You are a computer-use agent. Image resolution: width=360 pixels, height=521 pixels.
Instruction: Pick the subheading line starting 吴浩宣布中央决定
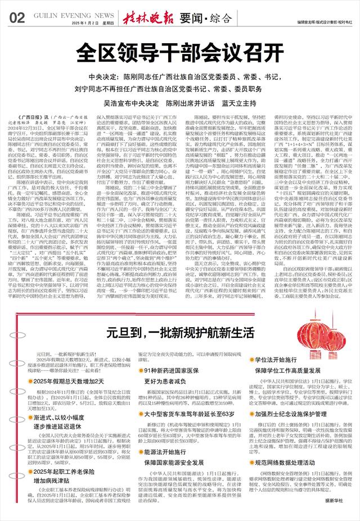[x=179, y=104]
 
